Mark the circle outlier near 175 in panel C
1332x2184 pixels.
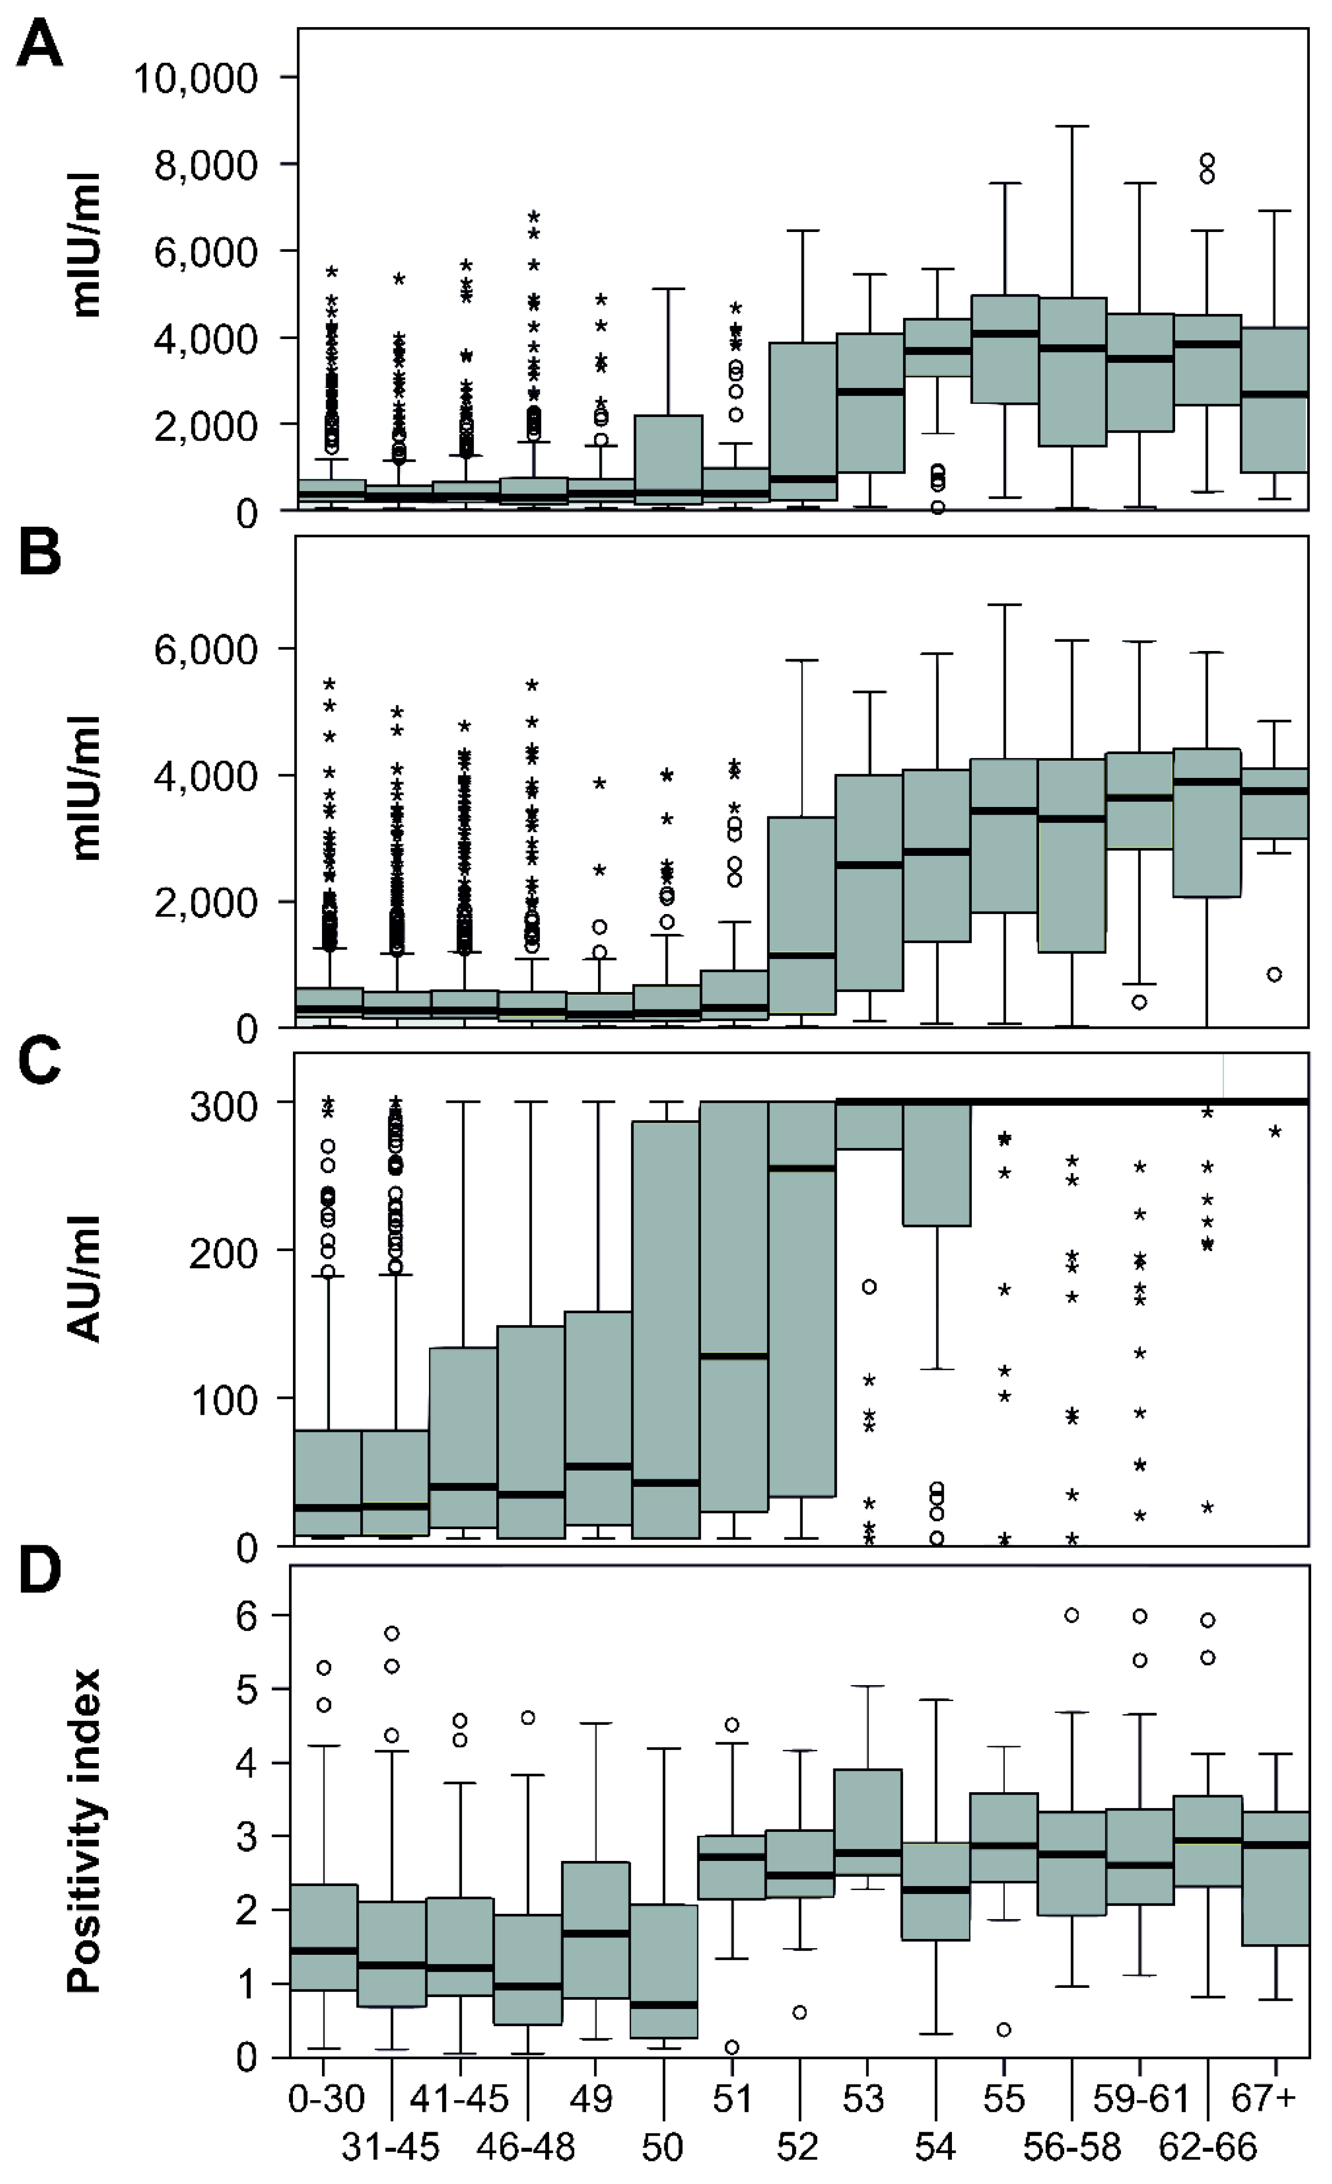pyautogui.click(x=870, y=1287)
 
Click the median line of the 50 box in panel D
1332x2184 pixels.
pyautogui.click(x=664, y=2005)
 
